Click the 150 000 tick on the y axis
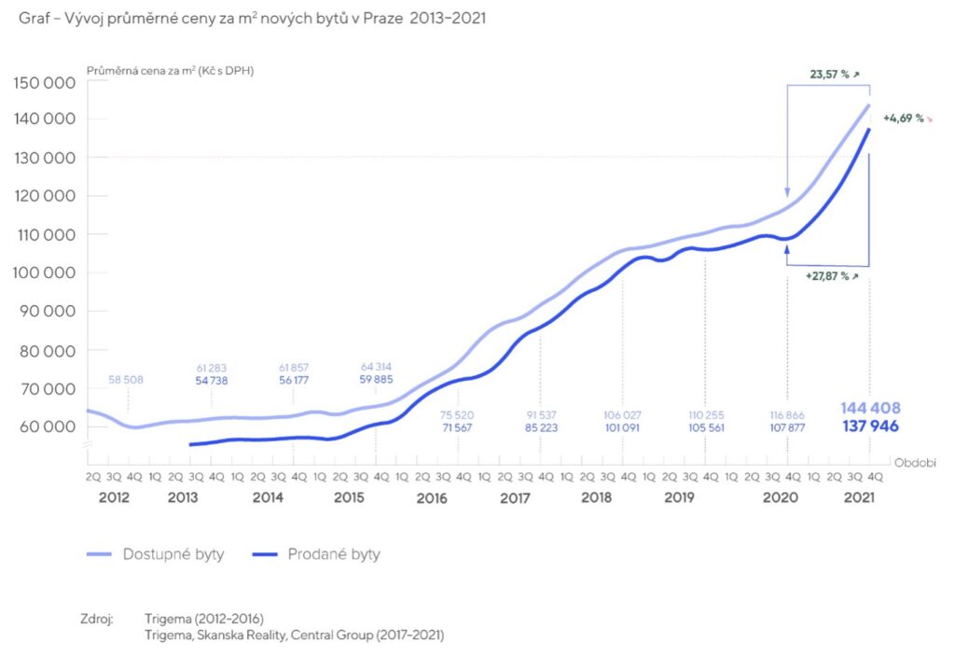(x=44, y=82)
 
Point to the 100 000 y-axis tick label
(x=44, y=273)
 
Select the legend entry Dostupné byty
(x=173, y=554)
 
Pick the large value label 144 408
(x=870, y=409)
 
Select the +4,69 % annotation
(x=903, y=119)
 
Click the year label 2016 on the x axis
(x=432, y=498)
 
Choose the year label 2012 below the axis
(x=114, y=498)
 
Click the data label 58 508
(x=128, y=380)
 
